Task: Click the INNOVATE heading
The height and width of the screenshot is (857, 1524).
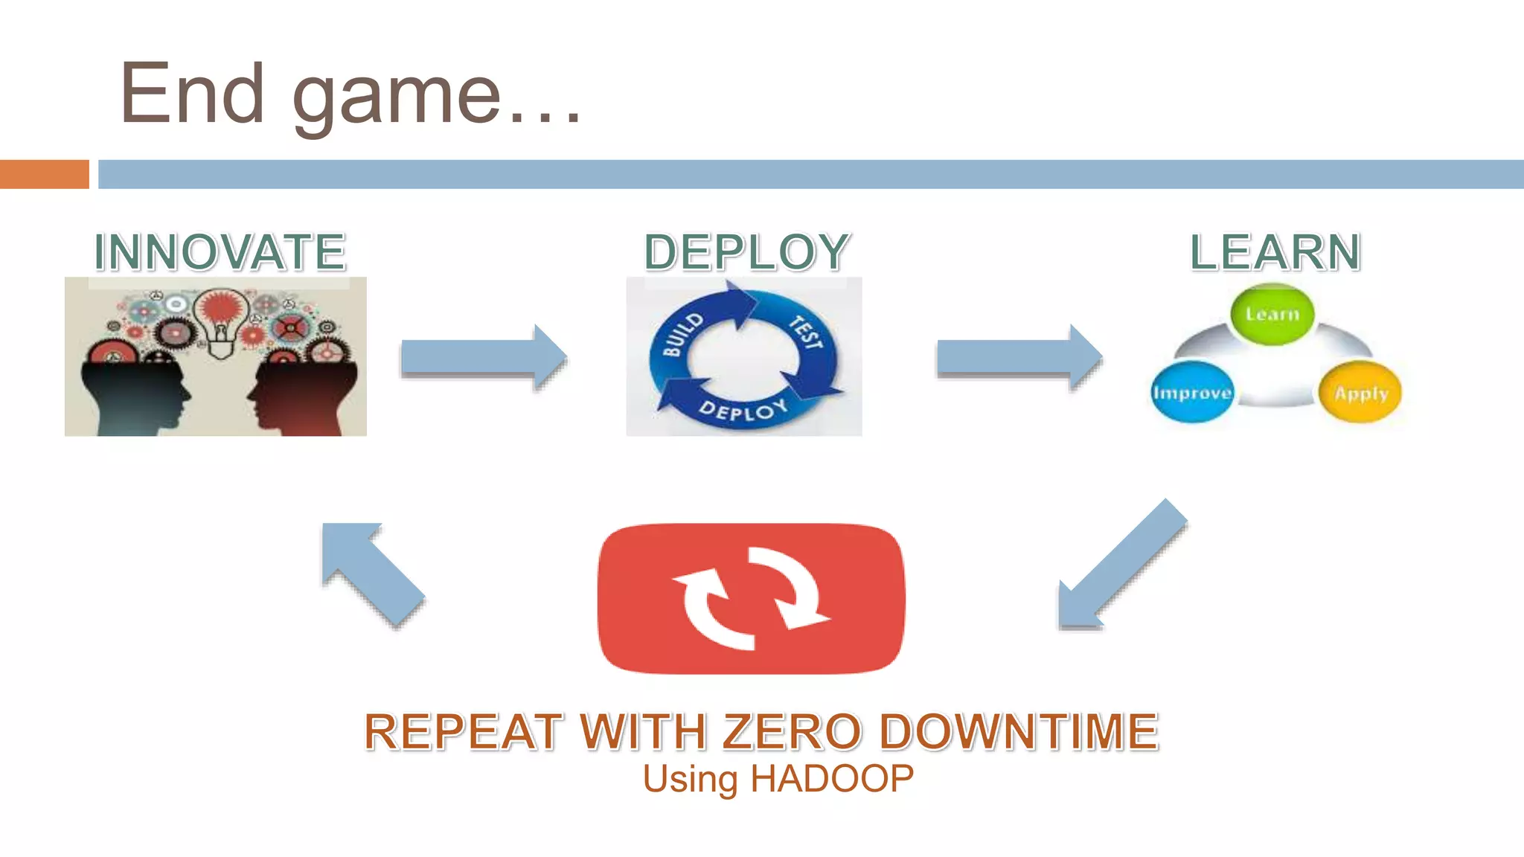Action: [220, 252]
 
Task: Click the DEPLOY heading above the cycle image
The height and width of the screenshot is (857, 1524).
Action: [746, 252]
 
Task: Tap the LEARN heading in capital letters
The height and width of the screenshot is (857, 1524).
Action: [1275, 252]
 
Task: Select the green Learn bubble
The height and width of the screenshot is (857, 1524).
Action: [1272, 315]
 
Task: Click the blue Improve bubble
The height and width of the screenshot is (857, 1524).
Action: [1192, 393]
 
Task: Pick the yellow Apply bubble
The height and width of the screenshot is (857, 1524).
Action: [1360, 393]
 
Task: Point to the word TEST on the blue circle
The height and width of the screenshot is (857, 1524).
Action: [806, 333]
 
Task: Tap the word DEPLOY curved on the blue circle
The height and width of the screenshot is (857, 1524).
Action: [743, 409]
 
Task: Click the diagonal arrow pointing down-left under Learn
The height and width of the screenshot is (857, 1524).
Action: [1120, 565]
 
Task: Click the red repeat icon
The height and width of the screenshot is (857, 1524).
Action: [751, 599]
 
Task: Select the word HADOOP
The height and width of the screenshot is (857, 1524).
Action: [832, 779]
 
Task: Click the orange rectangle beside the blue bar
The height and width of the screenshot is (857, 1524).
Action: [44, 174]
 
